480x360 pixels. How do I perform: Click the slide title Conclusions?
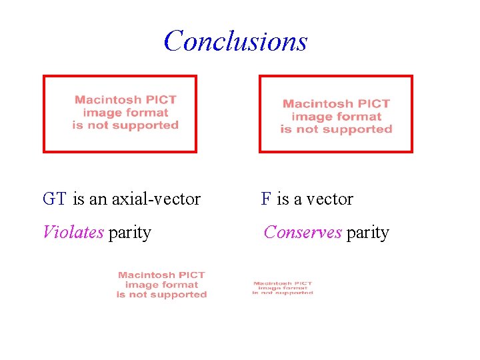pyautogui.click(x=235, y=41)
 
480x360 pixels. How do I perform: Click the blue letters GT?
pyautogui.click(x=54, y=199)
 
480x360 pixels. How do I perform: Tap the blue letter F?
pyautogui.click(x=266, y=199)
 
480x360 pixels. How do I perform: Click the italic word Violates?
pyautogui.click(x=73, y=232)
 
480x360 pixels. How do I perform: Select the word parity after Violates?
pyautogui.click(x=129, y=233)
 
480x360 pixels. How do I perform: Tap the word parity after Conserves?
pyautogui.click(x=367, y=233)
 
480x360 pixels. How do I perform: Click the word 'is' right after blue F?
pyautogui.click(x=283, y=199)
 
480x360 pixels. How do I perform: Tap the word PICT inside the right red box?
pyautogui.click(x=373, y=104)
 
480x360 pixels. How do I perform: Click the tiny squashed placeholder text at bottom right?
pyautogui.click(x=283, y=288)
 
